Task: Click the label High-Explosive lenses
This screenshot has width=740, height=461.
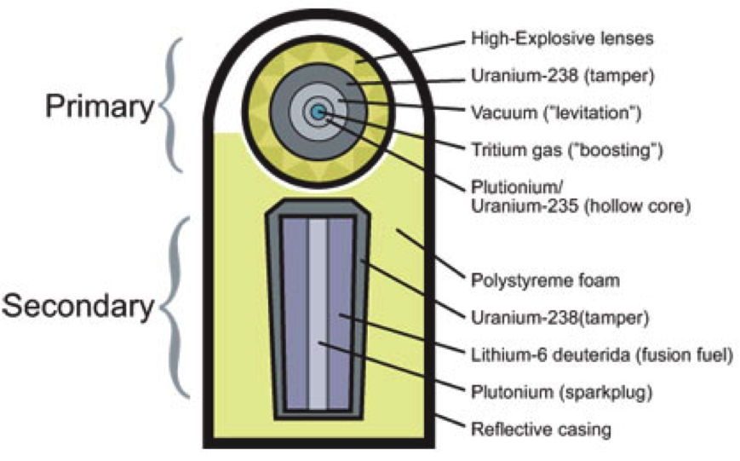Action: coord(562,38)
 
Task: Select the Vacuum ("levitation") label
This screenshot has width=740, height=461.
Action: coord(556,112)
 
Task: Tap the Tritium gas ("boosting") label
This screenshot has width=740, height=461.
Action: coord(567,150)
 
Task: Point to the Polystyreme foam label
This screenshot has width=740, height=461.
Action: coord(545,280)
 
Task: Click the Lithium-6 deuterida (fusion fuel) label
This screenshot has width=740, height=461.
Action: coord(602,354)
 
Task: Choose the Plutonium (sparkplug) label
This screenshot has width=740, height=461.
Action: coord(562,392)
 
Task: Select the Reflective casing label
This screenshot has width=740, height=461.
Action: coord(541,429)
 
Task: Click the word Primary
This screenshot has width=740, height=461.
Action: coord(100,107)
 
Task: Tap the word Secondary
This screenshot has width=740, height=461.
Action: coord(78,306)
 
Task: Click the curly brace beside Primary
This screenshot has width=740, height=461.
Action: coord(171,105)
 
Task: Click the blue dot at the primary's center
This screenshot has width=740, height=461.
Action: coord(318,112)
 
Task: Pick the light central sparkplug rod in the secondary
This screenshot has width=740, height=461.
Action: coord(318,314)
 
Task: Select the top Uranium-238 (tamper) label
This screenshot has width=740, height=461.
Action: coord(563,76)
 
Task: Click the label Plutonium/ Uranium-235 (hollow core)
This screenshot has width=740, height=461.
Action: coord(581,197)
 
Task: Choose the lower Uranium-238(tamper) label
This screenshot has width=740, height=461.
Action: coord(560,317)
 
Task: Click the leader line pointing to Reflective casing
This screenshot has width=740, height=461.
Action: coord(450,421)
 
